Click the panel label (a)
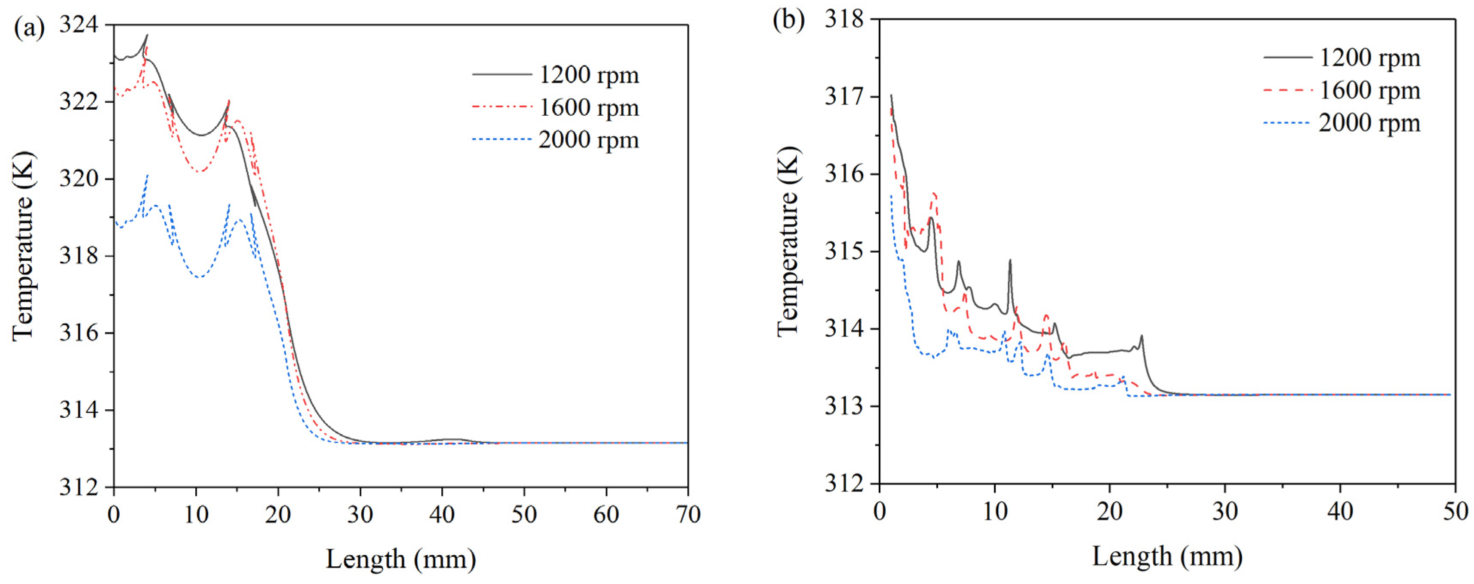coord(29,28)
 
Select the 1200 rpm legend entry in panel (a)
coord(588,74)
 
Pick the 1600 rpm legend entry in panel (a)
coord(588,107)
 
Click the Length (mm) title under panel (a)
coord(400,558)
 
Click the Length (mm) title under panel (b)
coord(1167,555)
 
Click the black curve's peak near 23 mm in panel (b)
coord(1142,336)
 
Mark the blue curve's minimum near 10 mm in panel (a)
coord(199,278)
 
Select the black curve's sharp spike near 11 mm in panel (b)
coord(1010,260)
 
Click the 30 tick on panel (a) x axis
coord(360,514)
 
